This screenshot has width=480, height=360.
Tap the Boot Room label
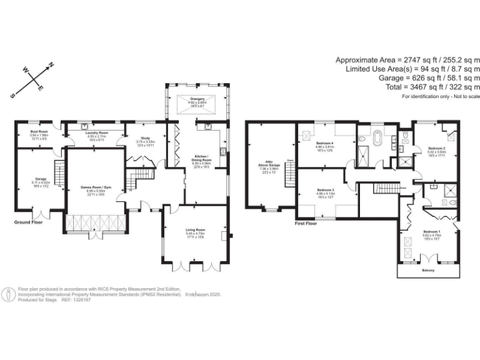point(39,132)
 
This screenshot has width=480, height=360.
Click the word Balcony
point(428,270)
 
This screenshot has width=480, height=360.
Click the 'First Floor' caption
point(306,223)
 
